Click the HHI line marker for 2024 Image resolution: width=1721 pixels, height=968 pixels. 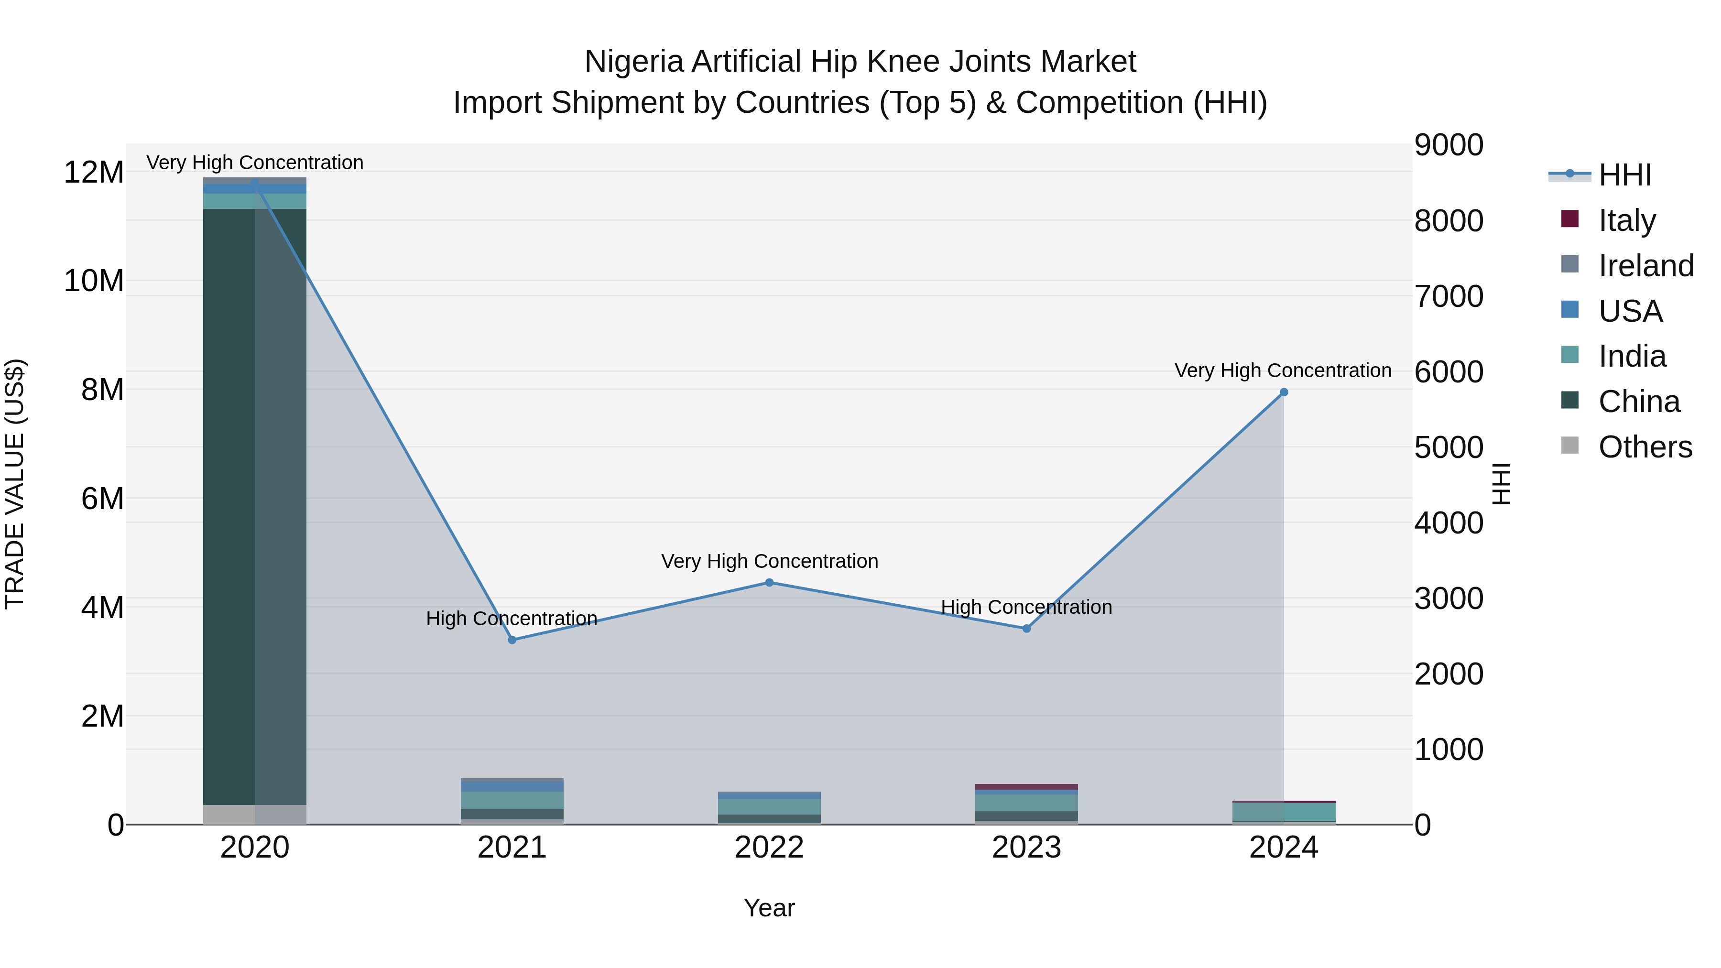point(1284,392)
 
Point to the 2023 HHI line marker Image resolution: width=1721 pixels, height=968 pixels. point(1027,629)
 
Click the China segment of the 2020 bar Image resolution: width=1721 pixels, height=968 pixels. point(254,508)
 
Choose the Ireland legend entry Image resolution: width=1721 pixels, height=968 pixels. point(1645,266)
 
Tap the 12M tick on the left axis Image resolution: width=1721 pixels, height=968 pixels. point(94,173)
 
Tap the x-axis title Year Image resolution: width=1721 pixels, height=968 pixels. point(769,908)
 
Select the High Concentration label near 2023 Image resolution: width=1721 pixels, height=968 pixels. point(1026,607)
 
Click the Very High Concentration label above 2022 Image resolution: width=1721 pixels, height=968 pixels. point(770,561)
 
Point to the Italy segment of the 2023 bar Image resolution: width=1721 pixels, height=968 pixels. point(1027,787)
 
